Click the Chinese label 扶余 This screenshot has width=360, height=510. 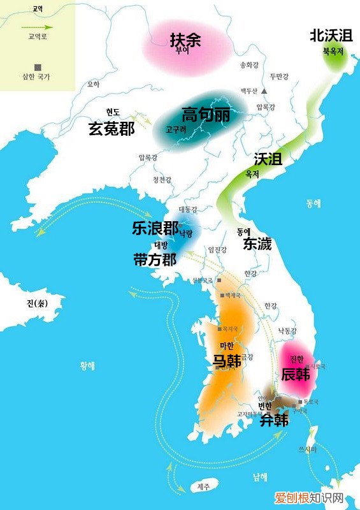pyautogui.click(x=185, y=40)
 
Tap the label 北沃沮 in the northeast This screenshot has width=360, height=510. pyautogui.click(x=329, y=35)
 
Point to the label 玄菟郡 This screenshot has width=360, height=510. pyautogui.click(x=111, y=129)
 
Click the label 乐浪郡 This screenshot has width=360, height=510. pyautogui.click(x=154, y=228)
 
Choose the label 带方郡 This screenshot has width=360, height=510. pyautogui.click(x=155, y=259)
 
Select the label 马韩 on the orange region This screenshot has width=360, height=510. pyautogui.click(x=226, y=360)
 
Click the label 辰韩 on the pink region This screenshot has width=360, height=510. pyautogui.click(x=295, y=374)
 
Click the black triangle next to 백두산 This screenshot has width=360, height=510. pyautogui.click(x=263, y=92)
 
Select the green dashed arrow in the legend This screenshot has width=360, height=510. pyautogui.click(x=38, y=27)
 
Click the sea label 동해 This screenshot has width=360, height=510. pyautogui.click(x=313, y=203)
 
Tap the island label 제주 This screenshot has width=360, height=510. pyautogui.click(x=203, y=487)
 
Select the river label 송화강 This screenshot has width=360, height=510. pyautogui.click(x=249, y=65)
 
